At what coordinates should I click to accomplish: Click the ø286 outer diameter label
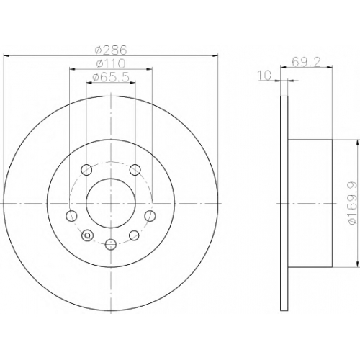click(111, 50)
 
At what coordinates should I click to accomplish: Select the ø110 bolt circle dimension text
click(111, 63)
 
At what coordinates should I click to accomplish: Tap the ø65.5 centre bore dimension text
click(111, 77)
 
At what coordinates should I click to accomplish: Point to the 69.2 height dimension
click(306, 63)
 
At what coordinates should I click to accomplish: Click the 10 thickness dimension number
click(265, 75)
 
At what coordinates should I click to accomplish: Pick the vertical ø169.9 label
click(352, 203)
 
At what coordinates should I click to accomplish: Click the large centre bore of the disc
click(111, 203)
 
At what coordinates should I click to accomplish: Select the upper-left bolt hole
click(86, 170)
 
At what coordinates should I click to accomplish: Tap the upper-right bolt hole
click(135, 170)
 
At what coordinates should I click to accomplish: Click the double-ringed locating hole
click(88, 235)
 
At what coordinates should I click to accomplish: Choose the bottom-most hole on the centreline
click(111, 245)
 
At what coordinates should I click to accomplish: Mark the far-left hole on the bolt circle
click(71, 215)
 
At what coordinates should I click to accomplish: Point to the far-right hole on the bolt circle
click(150, 215)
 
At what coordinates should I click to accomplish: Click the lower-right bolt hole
click(134, 235)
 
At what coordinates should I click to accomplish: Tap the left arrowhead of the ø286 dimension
click(7, 56)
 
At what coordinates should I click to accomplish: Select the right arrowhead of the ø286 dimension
click(215, 56)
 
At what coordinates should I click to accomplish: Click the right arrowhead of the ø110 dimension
click(150, 69)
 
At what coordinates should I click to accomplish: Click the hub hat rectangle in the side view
click(310, 203)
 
